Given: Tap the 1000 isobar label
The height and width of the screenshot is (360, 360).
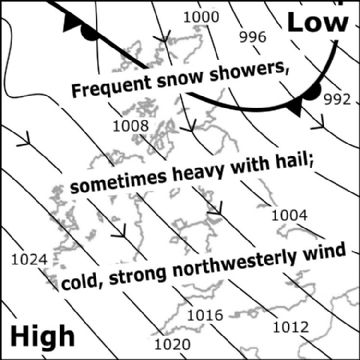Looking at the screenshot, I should click(202, 17).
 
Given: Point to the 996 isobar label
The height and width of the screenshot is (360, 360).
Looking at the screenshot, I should click(254, 37).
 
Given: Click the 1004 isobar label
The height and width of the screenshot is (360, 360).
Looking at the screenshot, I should click(289, 214).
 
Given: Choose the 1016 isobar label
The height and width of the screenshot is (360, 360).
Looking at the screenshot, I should click(204, 315).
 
